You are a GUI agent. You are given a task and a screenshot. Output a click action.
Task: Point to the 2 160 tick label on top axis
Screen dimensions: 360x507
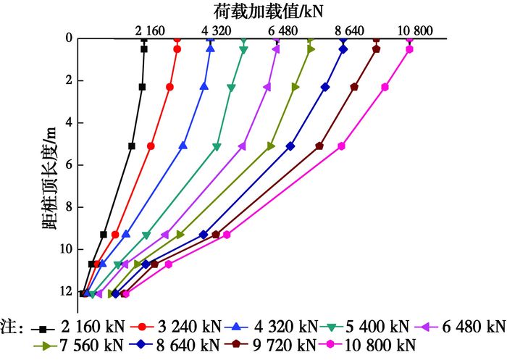(150, 30)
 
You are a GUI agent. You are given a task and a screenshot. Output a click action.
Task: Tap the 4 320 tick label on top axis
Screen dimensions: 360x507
(217, 30)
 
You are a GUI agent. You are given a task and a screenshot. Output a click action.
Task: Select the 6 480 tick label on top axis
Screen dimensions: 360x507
(284, 30)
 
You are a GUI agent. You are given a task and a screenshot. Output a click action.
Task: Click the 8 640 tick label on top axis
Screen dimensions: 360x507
(351, 30)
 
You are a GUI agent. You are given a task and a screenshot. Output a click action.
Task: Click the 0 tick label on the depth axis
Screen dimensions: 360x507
(70, 38)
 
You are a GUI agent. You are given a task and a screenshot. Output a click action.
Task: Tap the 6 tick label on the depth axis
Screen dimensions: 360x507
(70, 165)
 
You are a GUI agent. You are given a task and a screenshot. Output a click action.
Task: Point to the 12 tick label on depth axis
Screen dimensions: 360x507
(67, 292)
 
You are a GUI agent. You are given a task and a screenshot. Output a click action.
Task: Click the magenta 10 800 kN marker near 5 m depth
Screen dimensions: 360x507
(341, 146)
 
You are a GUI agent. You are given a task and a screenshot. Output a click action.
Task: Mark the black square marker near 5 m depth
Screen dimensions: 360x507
(131, 146)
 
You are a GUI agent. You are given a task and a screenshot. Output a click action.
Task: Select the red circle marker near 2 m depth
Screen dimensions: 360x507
(169, 87)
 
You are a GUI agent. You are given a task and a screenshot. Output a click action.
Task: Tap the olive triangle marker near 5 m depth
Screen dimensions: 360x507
(271, 146)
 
